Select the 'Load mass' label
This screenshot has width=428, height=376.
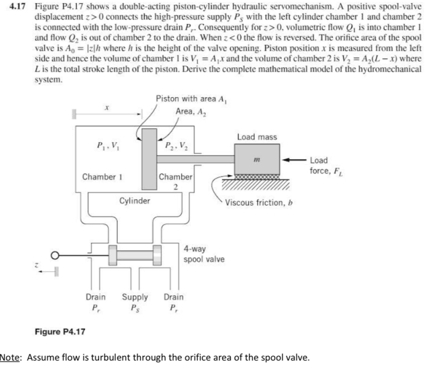(257, 137)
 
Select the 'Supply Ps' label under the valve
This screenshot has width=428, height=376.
(135, 302)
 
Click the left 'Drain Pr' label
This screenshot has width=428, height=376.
(95, 302)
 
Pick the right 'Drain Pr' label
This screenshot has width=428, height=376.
(173, 302)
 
